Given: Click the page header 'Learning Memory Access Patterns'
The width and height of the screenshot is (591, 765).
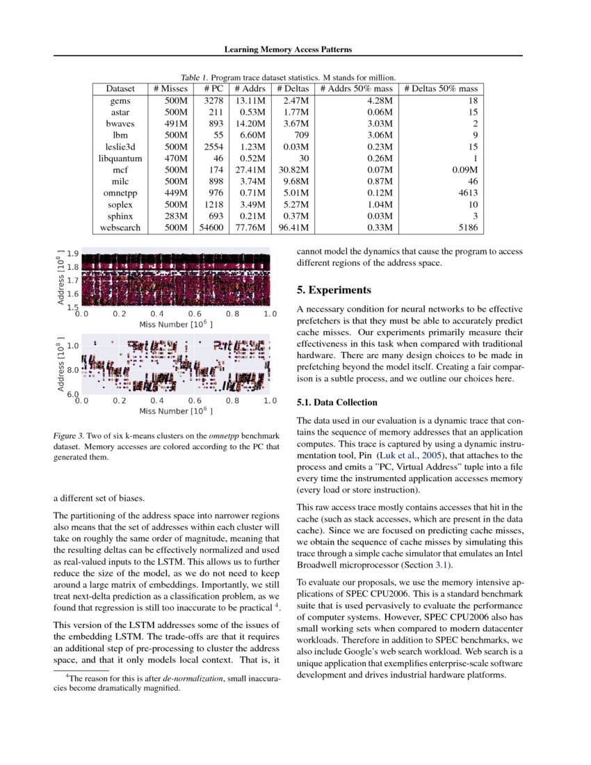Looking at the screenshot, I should click(288, 49).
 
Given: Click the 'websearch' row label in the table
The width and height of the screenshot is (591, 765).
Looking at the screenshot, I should click(124, 227).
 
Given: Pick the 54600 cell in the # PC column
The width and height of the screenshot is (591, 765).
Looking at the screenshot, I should click(207, 227).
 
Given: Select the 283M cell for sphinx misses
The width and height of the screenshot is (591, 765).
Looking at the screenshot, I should click(175, 216).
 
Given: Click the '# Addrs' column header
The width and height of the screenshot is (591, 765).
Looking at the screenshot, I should click(248, 89).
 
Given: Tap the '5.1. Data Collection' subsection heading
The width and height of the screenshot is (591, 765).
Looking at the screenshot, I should click(337, 403).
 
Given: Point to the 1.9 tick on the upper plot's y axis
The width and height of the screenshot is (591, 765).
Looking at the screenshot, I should click(72, 254).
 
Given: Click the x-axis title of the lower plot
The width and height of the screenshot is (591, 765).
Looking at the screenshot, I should click(176, 411).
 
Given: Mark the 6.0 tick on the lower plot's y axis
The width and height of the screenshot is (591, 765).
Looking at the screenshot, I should click(72, 396).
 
